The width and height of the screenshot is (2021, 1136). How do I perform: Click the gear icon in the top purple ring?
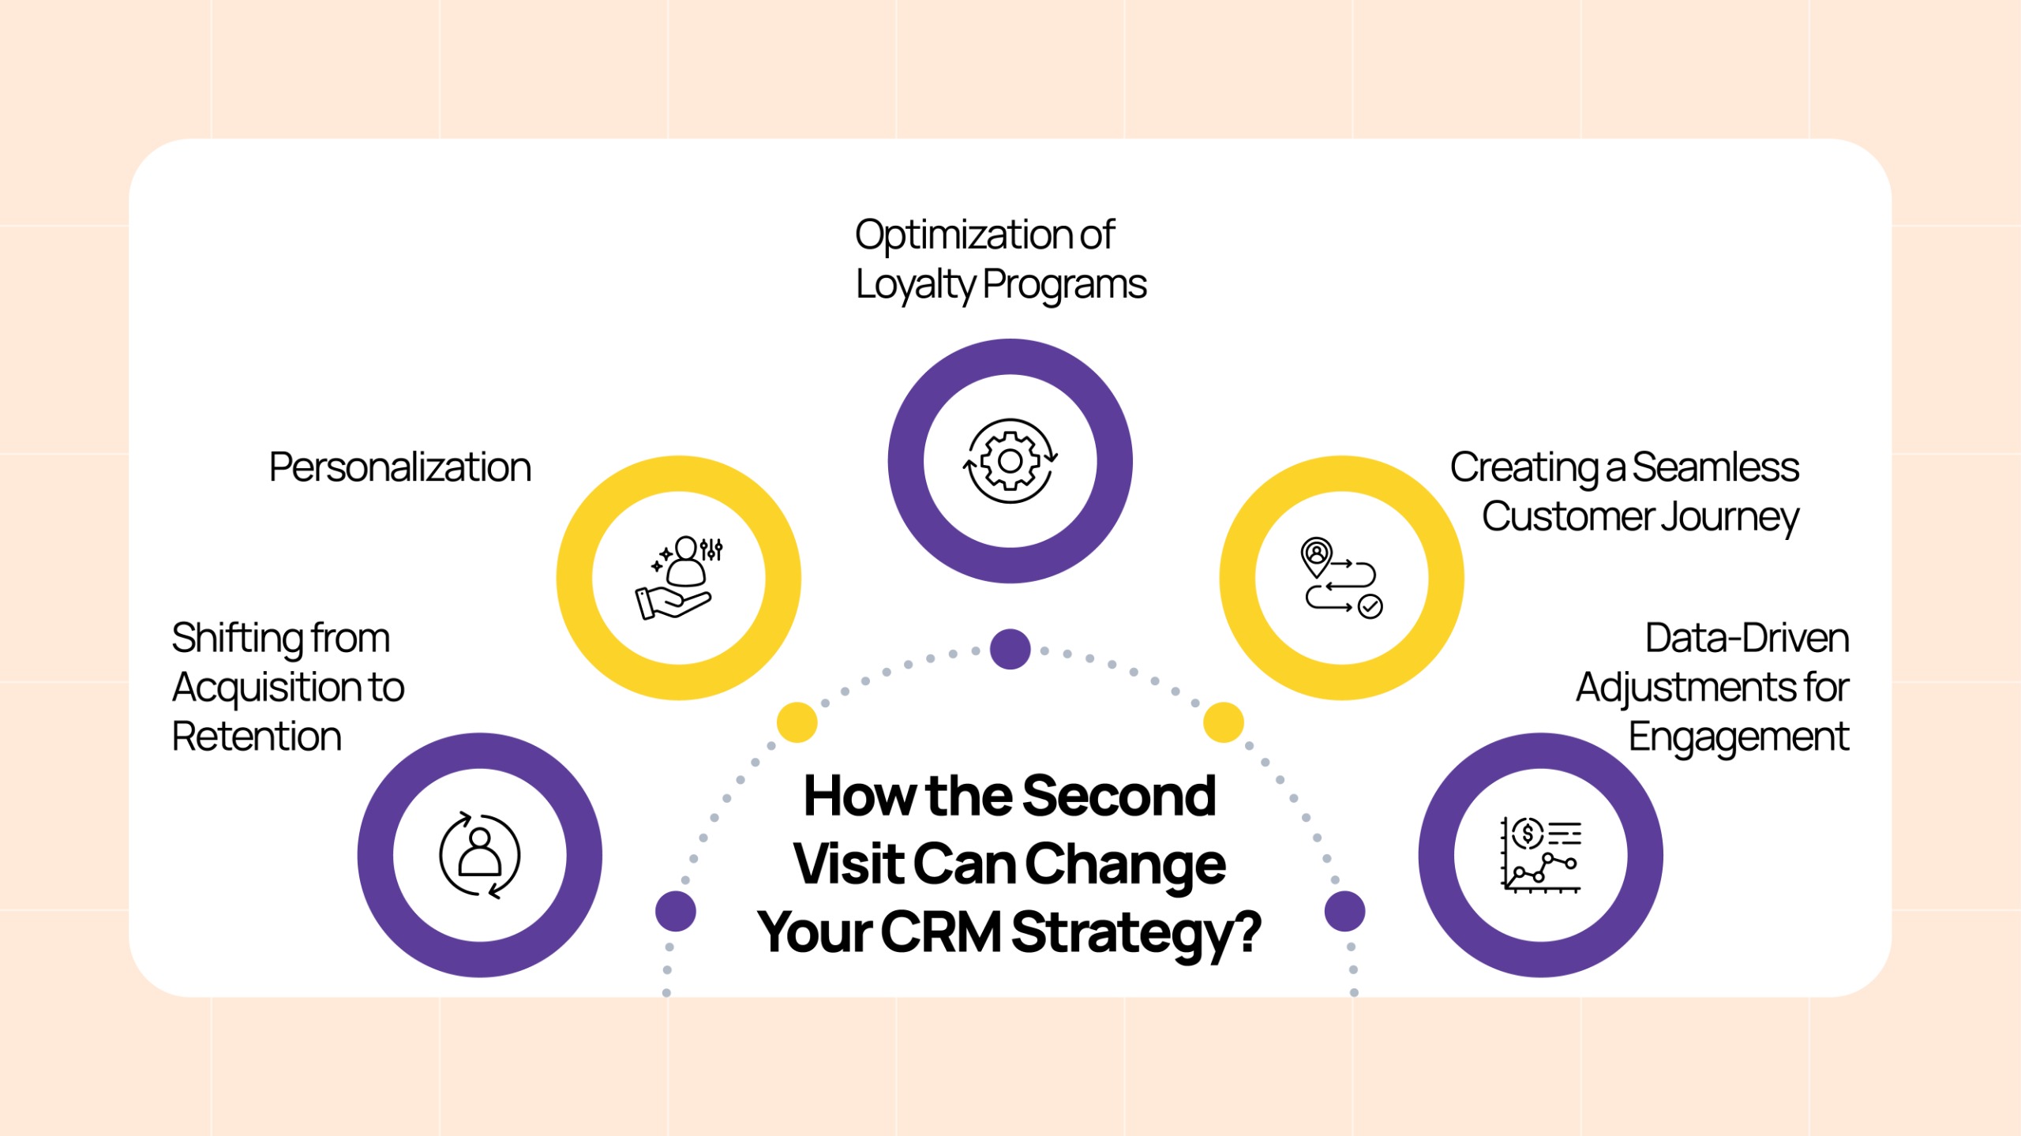1010,461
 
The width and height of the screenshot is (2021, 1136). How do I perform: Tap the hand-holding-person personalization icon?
679,577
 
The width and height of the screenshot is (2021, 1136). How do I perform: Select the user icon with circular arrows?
479,855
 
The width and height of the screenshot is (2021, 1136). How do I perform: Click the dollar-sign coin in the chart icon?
1528,833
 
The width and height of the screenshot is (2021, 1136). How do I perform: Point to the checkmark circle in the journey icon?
1370,606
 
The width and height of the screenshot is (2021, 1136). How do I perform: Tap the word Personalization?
400,467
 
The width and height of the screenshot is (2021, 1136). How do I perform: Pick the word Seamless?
1715,467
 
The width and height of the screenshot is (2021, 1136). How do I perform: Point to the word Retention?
257,737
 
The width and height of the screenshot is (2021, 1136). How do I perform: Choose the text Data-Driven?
1747,638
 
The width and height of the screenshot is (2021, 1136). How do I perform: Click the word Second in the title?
1119,796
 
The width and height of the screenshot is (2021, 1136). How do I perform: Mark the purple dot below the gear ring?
1010,649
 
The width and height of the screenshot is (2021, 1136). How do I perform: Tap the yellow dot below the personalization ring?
797,722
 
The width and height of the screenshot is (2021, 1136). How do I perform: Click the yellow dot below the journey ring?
1224,722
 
